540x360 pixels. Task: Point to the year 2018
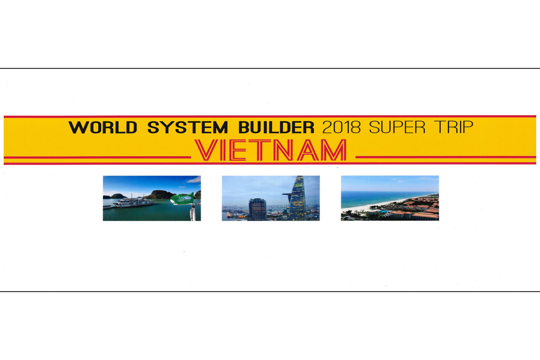click(x=341, y=127)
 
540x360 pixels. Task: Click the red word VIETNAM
click(x=271, y=150)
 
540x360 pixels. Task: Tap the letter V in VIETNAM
click(x=206, y=150)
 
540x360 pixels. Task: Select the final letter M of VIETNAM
click(x=335, y=150)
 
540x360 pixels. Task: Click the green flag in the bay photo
click(x=182, y=199)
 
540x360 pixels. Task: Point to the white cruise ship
click(x=133, y=203)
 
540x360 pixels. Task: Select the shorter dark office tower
click(x=257, y=209)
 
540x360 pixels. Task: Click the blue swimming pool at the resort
click(x=383, y=211)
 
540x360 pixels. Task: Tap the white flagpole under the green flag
click(x=193, y=212)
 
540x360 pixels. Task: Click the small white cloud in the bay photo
click(x=193, y=180)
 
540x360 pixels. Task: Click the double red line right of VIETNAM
click(x=445, y=158)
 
